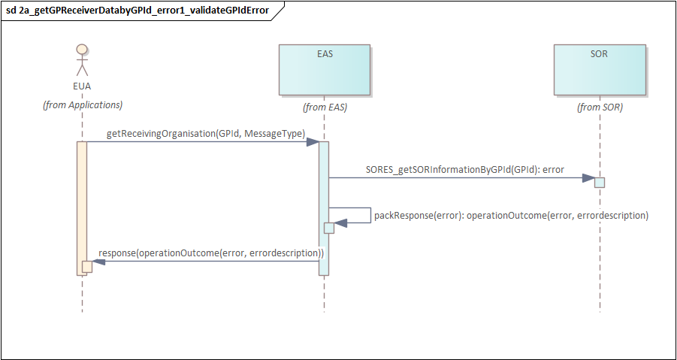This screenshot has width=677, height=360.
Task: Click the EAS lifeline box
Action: (325, 69)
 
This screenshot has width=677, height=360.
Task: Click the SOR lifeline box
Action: (600, 69)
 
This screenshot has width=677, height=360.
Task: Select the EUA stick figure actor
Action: (82, 59)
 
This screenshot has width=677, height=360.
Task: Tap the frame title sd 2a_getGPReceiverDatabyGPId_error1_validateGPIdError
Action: (138, 11)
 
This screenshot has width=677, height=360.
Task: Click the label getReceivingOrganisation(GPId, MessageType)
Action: (206, 135)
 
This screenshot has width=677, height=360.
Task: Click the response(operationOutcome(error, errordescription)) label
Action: (212, 253)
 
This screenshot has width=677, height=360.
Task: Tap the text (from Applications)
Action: (82, 105)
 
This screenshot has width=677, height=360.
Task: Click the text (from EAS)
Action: (325, 108)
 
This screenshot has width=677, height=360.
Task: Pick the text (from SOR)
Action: (600, 108)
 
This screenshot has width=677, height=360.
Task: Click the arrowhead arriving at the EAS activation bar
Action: (313, 141)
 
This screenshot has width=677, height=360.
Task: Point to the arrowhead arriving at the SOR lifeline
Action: (588, 178)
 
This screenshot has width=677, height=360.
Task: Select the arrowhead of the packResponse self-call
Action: (341, 222)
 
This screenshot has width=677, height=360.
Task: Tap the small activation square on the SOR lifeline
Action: (600, 183)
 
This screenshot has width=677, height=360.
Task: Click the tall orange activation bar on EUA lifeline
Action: (82, 208)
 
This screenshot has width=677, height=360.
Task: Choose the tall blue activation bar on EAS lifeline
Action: (324, 208)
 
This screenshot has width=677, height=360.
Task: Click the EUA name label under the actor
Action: (82, 86)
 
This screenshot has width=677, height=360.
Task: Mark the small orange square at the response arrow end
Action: (87, 267)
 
